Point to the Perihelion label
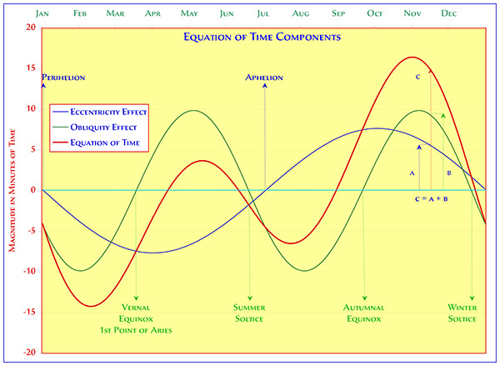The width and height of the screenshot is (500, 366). (x=63, y=78)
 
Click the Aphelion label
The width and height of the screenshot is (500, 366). (x=264, y=78)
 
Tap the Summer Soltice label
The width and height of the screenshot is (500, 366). (x=249, y=312)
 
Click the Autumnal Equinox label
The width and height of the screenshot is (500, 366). (x=364, y=312)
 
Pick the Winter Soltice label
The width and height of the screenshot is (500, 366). (x=462, y=312)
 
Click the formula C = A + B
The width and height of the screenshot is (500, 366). (x=432, y=200)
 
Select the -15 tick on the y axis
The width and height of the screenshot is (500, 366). (x=28, y=312)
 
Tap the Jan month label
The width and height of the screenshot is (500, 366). (x=42, y=13)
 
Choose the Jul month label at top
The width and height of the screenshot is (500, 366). (x=264, y=13)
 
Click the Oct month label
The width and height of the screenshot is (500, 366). (x=375, y=13)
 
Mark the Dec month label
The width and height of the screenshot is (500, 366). (x=448, y=13)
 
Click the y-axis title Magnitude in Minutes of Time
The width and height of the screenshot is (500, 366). (x=13, y=190)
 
